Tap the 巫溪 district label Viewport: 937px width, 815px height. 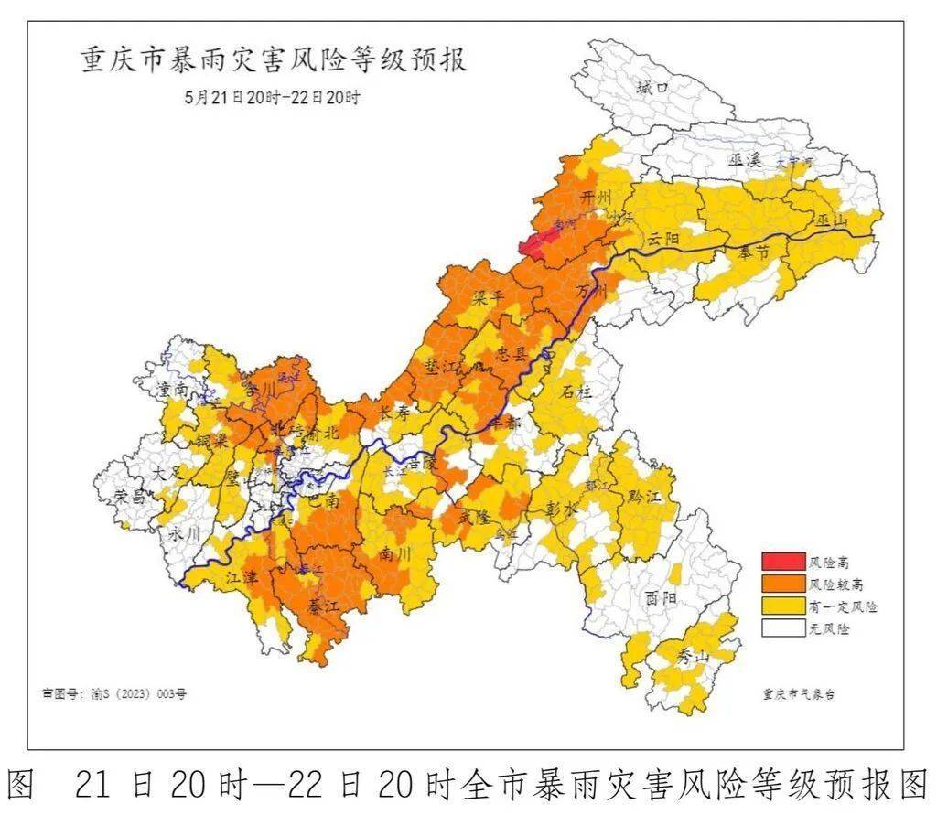(745, 160)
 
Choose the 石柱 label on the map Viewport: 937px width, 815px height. (578, 391)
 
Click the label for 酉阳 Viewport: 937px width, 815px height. (660, 599)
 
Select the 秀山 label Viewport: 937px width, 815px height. (693, 656)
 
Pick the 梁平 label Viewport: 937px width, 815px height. (490, 297)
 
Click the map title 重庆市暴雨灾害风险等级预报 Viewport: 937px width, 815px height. (274, 60)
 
